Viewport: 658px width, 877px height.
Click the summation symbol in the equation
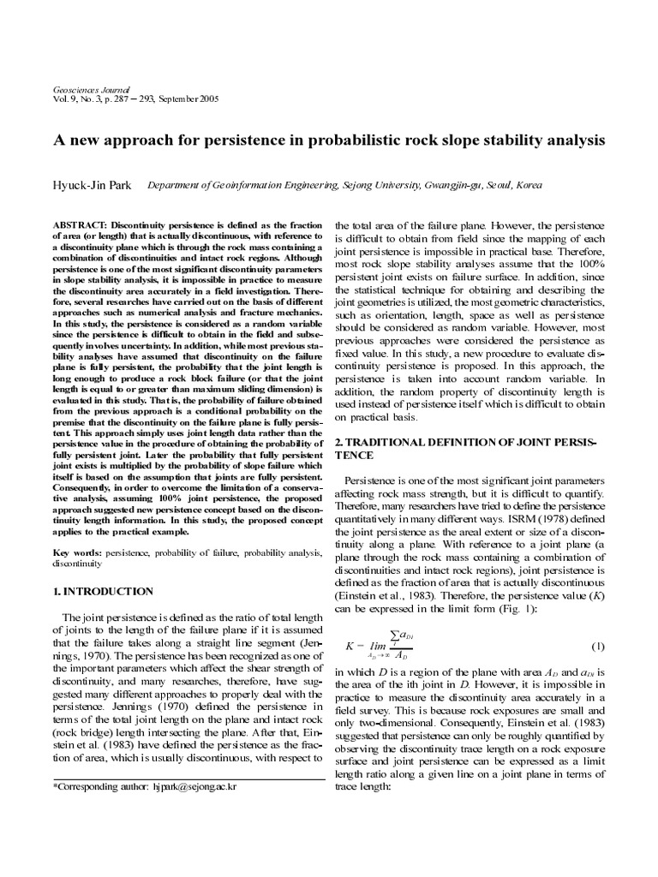coord(395,634)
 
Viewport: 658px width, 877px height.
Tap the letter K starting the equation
coord(349,645)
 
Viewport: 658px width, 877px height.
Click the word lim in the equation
coord(378,647)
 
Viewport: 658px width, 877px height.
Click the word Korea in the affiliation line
coord(527,184)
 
